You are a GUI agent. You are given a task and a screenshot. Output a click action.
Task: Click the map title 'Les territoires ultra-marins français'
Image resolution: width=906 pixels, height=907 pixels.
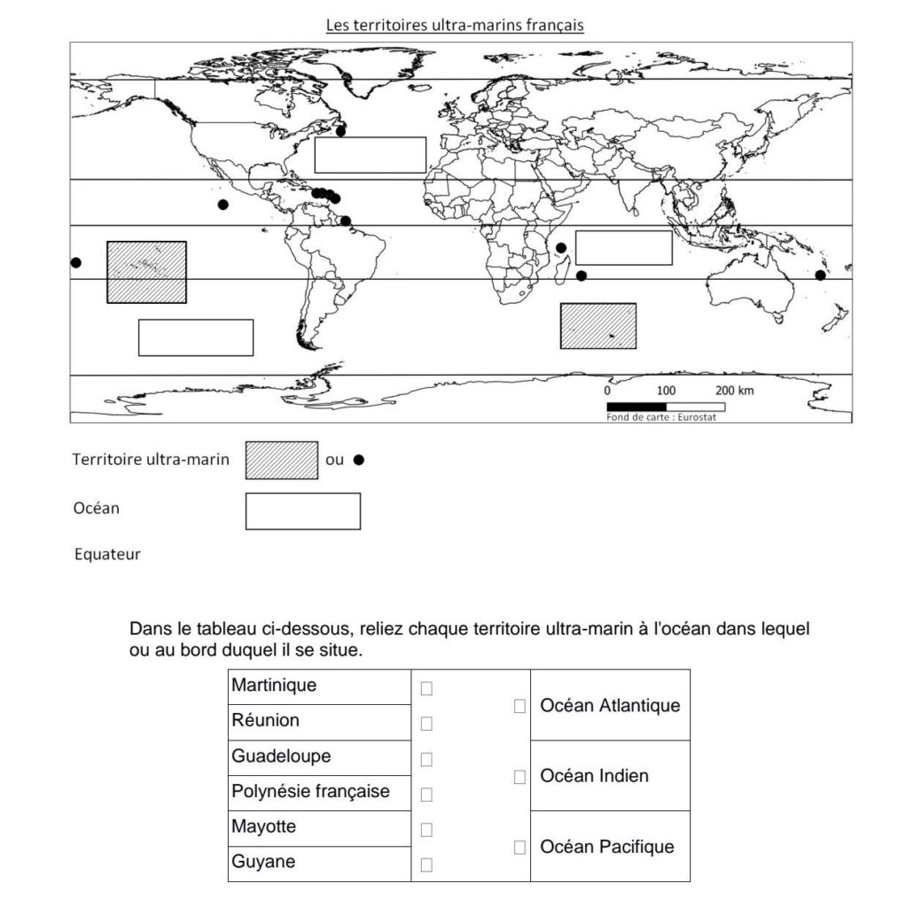(454, 25)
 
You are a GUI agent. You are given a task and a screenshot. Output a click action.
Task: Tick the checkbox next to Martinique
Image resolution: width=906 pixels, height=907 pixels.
(426, 688)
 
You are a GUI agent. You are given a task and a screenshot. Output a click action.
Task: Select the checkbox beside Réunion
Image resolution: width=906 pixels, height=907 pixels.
(426, 724)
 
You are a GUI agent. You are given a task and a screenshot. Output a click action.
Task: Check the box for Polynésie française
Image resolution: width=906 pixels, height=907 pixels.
(426, 794)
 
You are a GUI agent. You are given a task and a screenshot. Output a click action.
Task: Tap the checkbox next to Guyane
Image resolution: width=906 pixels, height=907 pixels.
(426, 864)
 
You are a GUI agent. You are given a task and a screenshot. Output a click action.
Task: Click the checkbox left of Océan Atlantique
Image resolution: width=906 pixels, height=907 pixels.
(519, 706)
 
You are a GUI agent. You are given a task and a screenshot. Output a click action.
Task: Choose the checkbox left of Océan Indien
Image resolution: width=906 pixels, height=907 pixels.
(519, 777)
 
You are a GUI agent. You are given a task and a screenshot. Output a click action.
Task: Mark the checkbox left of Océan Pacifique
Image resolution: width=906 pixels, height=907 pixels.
(519, 848)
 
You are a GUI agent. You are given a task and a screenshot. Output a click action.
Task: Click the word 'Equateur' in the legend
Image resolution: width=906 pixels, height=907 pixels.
(107, 555)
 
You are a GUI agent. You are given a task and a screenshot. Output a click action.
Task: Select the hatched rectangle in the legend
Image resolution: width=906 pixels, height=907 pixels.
(282, 460)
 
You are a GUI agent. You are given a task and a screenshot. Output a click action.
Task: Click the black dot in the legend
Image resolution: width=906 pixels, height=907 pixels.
(359, 460)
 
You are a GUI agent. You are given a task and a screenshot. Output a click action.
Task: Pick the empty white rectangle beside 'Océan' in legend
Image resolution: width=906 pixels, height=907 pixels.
(303, 511)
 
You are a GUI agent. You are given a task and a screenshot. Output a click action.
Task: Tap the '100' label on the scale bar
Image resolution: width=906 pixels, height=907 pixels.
(666, 391)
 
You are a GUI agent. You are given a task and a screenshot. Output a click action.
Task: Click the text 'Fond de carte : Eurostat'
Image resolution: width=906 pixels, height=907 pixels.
(660, 417)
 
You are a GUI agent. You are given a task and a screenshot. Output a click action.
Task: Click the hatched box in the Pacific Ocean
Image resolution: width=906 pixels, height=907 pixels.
(146, 272)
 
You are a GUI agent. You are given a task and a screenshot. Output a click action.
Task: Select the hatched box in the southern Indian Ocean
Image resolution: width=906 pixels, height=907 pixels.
(598, 325)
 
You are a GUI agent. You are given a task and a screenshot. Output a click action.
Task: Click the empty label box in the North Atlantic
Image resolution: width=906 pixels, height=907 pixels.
(370, 155)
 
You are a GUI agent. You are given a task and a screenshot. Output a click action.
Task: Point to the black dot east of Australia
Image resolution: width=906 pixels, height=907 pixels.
(820, 275)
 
